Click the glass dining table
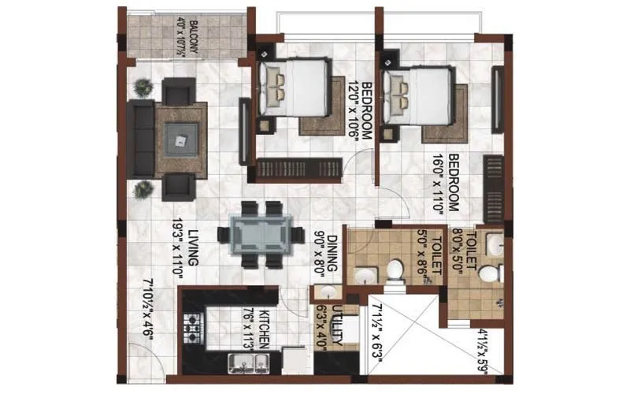click(260, 233)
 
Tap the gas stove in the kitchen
click(193, 325)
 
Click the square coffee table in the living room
click(181, 141)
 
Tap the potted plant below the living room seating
click(143, 190)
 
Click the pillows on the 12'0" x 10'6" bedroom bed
click(276, 84)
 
